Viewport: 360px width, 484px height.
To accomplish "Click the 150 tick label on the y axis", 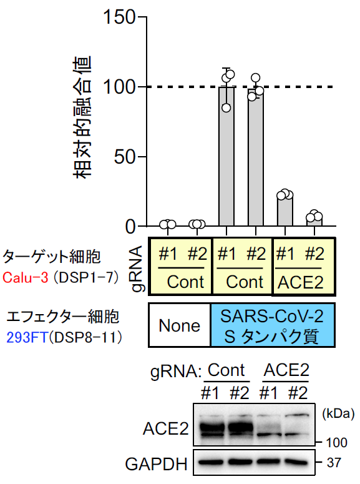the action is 119,17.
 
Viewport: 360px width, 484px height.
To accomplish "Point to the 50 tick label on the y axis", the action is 125,157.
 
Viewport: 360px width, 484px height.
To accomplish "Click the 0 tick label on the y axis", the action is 130,227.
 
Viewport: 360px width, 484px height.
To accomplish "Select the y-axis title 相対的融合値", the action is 82,117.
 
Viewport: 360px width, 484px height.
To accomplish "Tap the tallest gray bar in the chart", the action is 226,156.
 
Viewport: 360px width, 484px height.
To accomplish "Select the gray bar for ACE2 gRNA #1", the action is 285,210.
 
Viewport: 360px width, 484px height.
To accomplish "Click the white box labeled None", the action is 180,325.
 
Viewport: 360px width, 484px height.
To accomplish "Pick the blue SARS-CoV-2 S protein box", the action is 273,325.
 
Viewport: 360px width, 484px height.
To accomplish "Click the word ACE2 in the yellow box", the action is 301,282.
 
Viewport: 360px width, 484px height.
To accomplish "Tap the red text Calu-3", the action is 26,278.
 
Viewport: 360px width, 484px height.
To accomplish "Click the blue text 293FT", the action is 27,337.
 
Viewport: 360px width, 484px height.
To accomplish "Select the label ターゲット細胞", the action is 52,257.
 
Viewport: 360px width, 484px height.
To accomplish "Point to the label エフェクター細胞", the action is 62,317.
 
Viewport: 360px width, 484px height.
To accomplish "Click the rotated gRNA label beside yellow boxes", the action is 137,269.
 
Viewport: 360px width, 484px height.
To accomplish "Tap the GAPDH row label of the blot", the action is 156,464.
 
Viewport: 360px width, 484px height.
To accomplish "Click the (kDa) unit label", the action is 338,413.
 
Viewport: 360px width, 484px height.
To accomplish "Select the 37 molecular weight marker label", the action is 334,463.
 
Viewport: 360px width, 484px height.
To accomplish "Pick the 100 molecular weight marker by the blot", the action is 336,443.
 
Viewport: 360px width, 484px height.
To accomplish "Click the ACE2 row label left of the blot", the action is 166,429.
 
